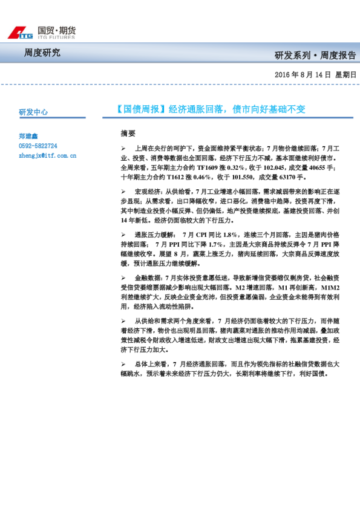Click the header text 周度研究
coord(42,53)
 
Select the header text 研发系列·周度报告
coord(315,56)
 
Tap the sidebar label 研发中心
coord(33,112)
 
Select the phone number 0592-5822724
coord(38,146)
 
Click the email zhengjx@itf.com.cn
coord(47,155)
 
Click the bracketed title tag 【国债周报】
coord(140,109)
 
